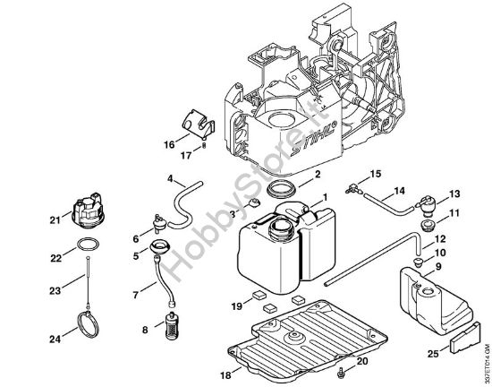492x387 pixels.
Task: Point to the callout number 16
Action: click(168, 142)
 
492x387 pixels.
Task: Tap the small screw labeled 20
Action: click(342, 368)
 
